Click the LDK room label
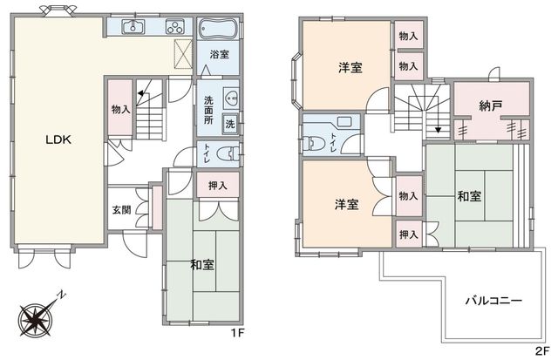(x=58, y=139)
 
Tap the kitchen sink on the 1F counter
(x=133, y=27)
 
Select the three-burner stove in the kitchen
(x=174, y=27)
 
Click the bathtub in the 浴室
(x=217, y=28)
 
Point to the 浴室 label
(x=219, y=54)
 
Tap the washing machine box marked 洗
(x=230, y=124)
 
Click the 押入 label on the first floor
(x=217, y=186)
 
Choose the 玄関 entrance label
(x=122, y=210)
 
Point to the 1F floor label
(x=237, y=333)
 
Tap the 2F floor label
(x=542, y=351)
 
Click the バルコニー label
(x=494, y=301)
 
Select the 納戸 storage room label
(x=491, y=105)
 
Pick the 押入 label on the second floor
(x=408, y=234)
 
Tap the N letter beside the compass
(x=63, y=295)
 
